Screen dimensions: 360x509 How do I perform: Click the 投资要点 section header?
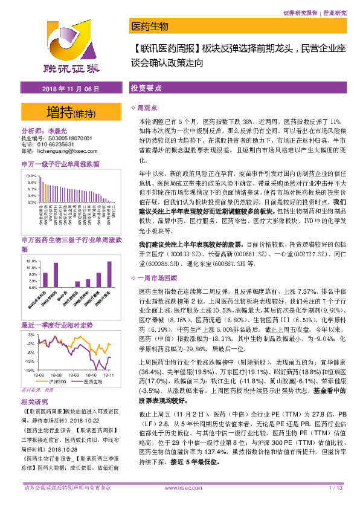click(x=146, y=88)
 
